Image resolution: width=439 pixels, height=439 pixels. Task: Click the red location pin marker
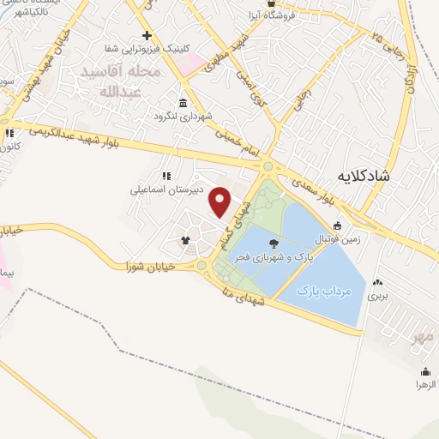pyautogui.click(x=220, y=201)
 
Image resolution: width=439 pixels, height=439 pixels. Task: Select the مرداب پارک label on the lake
pyautogui.click(x=325, y=292)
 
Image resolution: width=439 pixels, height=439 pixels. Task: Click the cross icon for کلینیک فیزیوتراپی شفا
pyautogui.click(x=147, y=36)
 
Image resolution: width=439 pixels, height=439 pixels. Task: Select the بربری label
pyautogui.click(x=378, y=296)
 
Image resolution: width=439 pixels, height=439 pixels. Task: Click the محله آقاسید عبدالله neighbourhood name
pyautogui.click(x=119, y=82)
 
